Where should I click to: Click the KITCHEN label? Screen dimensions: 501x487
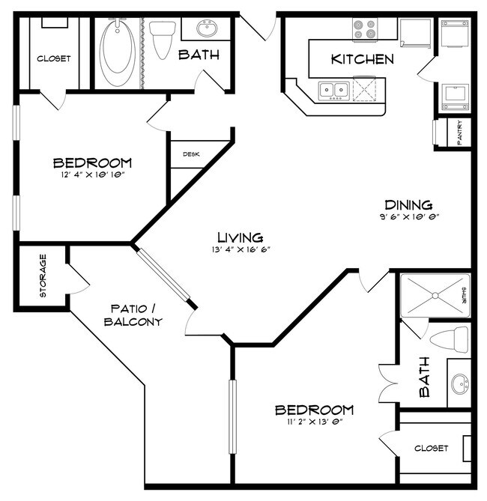(x=362, y=59)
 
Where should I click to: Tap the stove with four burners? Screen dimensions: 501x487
(x=365, y=29)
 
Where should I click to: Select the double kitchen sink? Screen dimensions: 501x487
(x=334, y=91)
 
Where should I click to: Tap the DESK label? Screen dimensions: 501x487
(x=190, y=154)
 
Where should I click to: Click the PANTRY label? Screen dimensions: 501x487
(x=459, y=134)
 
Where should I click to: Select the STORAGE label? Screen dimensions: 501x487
(x=43, y=276)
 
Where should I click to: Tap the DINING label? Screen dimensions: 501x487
(x=408, y=204)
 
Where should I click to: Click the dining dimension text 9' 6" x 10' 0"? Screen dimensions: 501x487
(x=408, y=217)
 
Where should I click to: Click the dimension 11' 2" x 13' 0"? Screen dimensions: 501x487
(x=313, y=423)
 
